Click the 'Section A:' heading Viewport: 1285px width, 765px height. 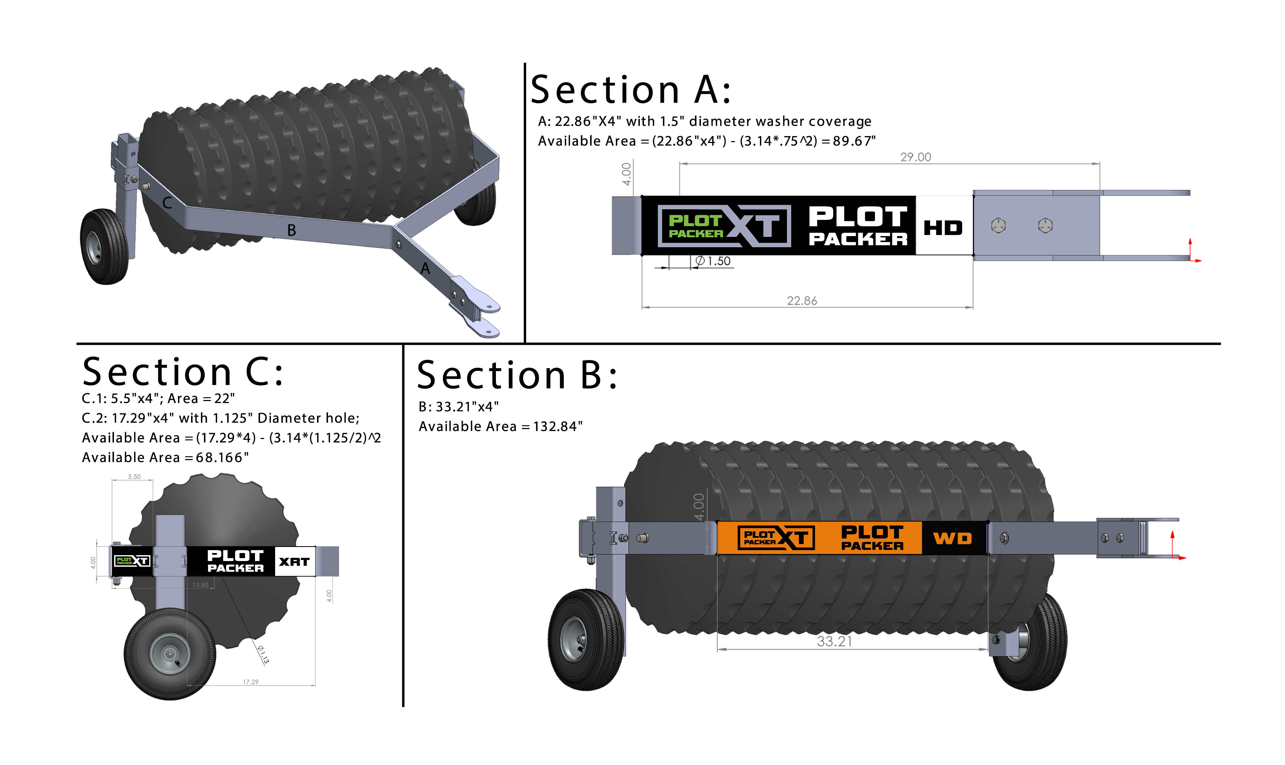point(630,90)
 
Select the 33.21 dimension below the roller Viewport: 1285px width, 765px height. point(834,641)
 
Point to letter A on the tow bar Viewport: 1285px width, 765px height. point(425,268)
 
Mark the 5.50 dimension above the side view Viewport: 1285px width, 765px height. point(134,476)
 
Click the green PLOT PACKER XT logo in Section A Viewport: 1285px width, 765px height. point(724,226)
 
